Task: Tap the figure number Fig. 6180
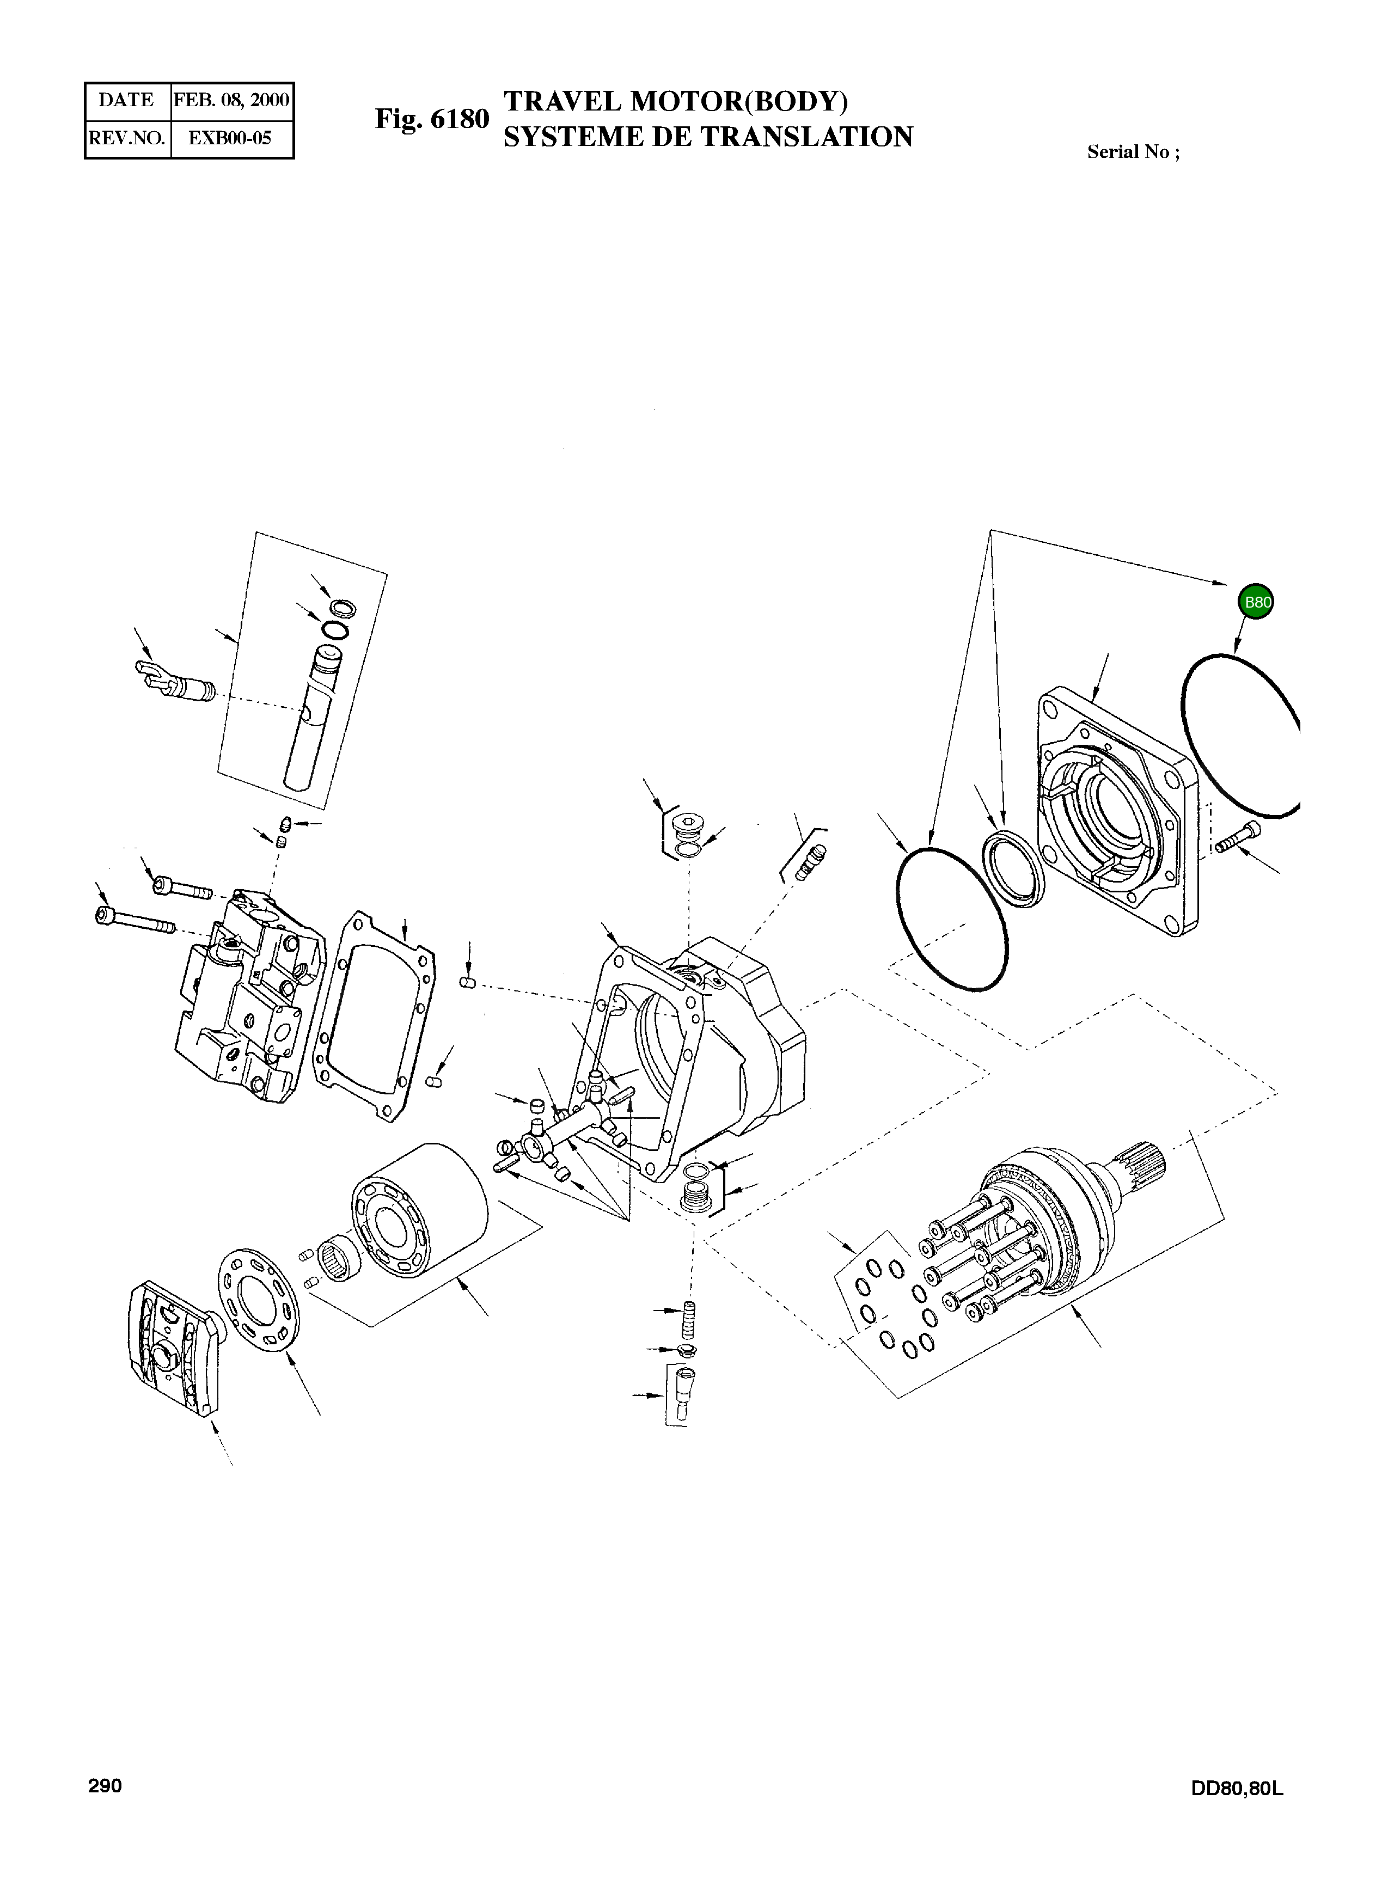(432, 119)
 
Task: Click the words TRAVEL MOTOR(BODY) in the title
(675, 101)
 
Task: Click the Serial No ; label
(1133, 151)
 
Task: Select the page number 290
(106, 1785)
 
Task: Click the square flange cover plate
(1117, 811)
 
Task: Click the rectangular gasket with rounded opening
(374, 1015)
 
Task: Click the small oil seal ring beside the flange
(1013, 869)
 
